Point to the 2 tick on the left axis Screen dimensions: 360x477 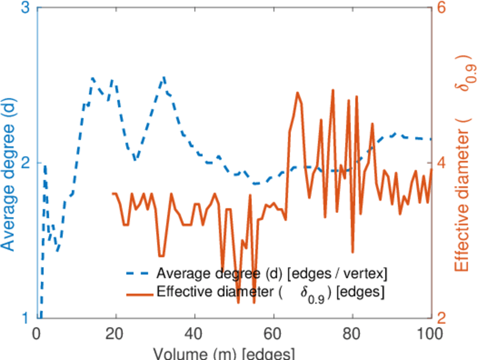click(26, 163)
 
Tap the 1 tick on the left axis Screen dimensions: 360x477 click(26, 317)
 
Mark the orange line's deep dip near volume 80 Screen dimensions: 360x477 click(353, 253)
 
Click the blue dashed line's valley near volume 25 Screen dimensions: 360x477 click(136, 161)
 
